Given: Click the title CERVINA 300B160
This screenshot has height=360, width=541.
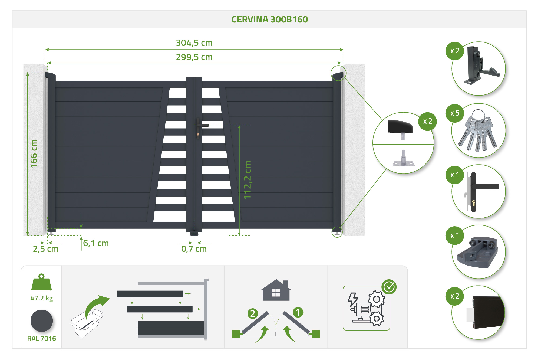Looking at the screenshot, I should pos(270,19).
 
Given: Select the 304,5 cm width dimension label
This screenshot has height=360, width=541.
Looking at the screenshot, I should pos(194,43).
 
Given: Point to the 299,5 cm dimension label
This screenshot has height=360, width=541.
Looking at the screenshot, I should pos(194,57).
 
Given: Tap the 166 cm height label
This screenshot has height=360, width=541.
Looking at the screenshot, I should pos(34,153).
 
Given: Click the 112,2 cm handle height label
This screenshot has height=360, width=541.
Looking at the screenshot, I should pos(248,180).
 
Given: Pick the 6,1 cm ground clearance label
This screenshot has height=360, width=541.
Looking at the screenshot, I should pos(96,243).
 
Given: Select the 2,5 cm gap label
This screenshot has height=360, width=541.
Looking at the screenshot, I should pos(46,249).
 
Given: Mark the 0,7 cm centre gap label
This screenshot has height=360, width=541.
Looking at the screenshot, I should pos(194,249).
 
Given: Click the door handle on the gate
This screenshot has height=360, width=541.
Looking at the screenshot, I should pos(202,125).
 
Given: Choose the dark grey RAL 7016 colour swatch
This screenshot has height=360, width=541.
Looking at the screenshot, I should pos(42,321).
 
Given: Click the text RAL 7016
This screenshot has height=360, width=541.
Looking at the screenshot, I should pos(42,338).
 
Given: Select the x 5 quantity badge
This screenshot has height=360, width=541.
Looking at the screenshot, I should pos(455,113).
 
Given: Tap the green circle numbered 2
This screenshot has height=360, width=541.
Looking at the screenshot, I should pos(253,313).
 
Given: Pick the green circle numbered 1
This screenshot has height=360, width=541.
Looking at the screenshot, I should pos(298,312).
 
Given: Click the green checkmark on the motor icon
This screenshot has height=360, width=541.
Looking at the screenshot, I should pos(389,287).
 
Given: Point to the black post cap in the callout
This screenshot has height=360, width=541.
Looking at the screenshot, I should pos(400,126).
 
